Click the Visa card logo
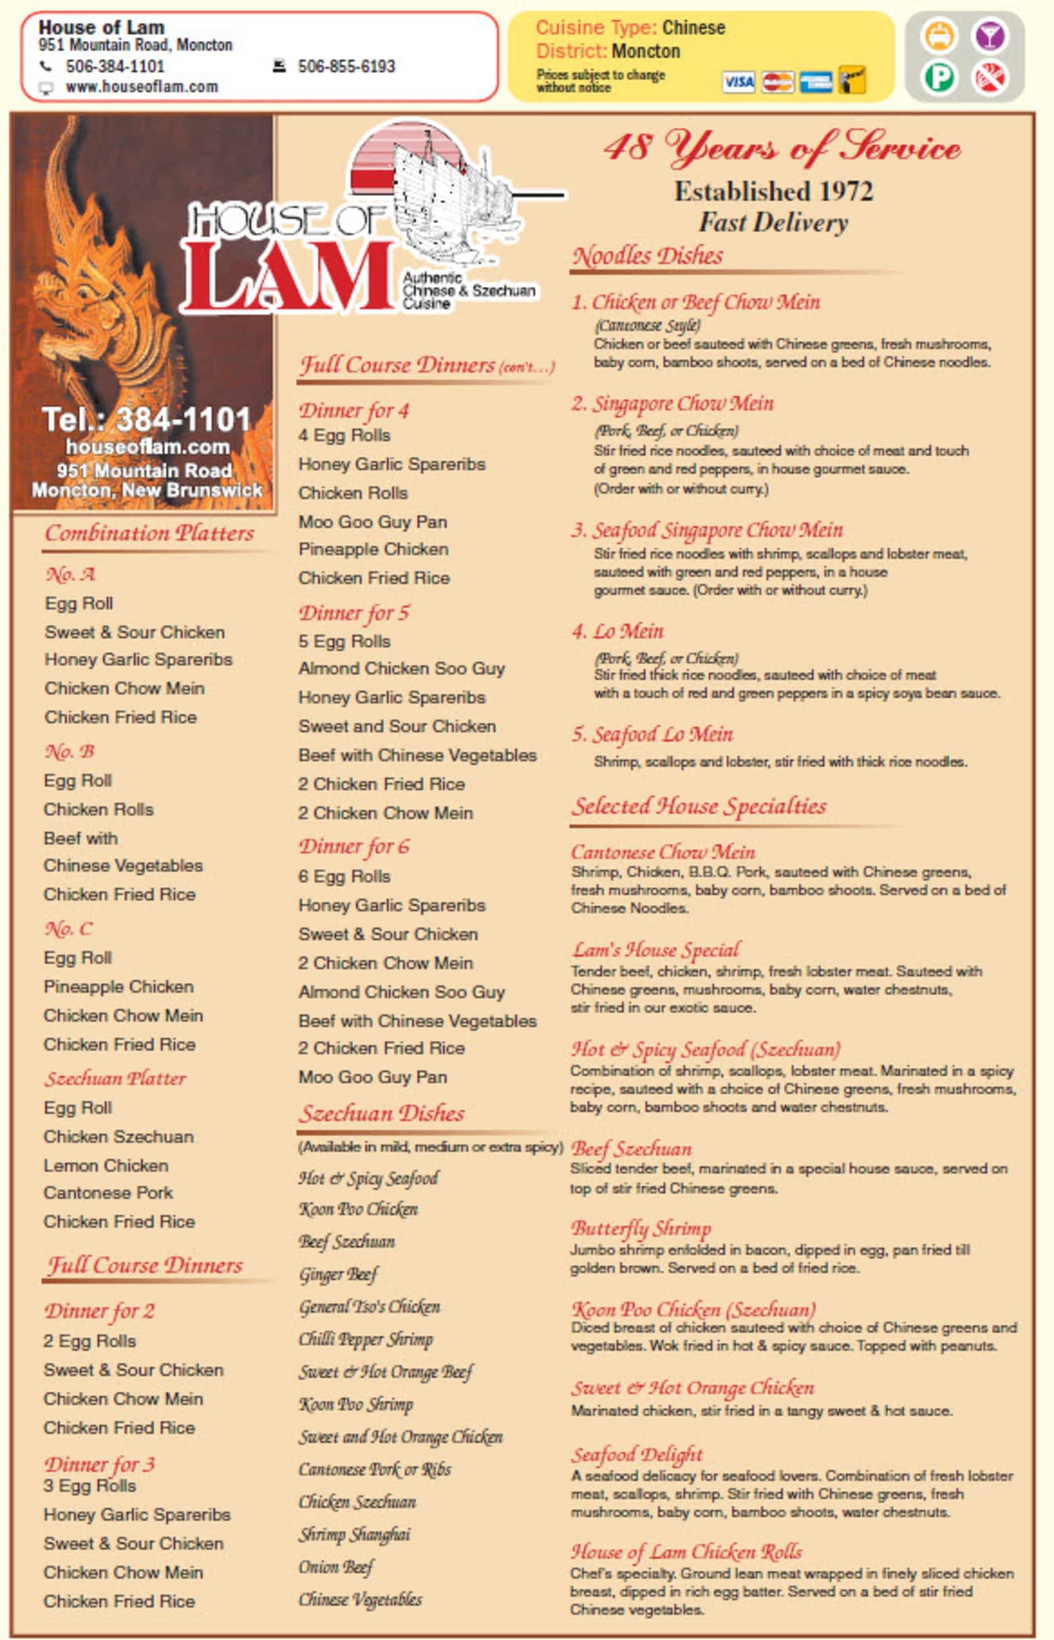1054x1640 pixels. tap(738, 82)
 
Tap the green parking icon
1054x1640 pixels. tap(939, 76)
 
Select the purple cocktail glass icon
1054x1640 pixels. tap(989, 36)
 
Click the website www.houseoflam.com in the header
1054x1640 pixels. tap(141, 87)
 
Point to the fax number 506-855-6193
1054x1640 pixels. tap(346, 67)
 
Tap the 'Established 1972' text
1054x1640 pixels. tap(773, 191)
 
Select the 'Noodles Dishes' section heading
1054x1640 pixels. tap(648, 256)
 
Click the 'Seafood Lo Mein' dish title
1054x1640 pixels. tap(652, 734)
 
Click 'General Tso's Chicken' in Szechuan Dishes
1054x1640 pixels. tap(369, 1306)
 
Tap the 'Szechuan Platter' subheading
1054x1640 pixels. tap(115, 1078)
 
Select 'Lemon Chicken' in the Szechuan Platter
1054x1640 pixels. tap(105, 1165)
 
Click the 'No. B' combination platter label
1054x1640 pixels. tap(69, 751)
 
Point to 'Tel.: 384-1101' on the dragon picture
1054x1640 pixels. tap(146, 419)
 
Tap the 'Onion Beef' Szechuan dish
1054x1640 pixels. tap(335, 1566)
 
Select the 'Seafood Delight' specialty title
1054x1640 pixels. tap(636, 1454)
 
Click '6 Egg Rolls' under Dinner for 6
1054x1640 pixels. tap(345, 876)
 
